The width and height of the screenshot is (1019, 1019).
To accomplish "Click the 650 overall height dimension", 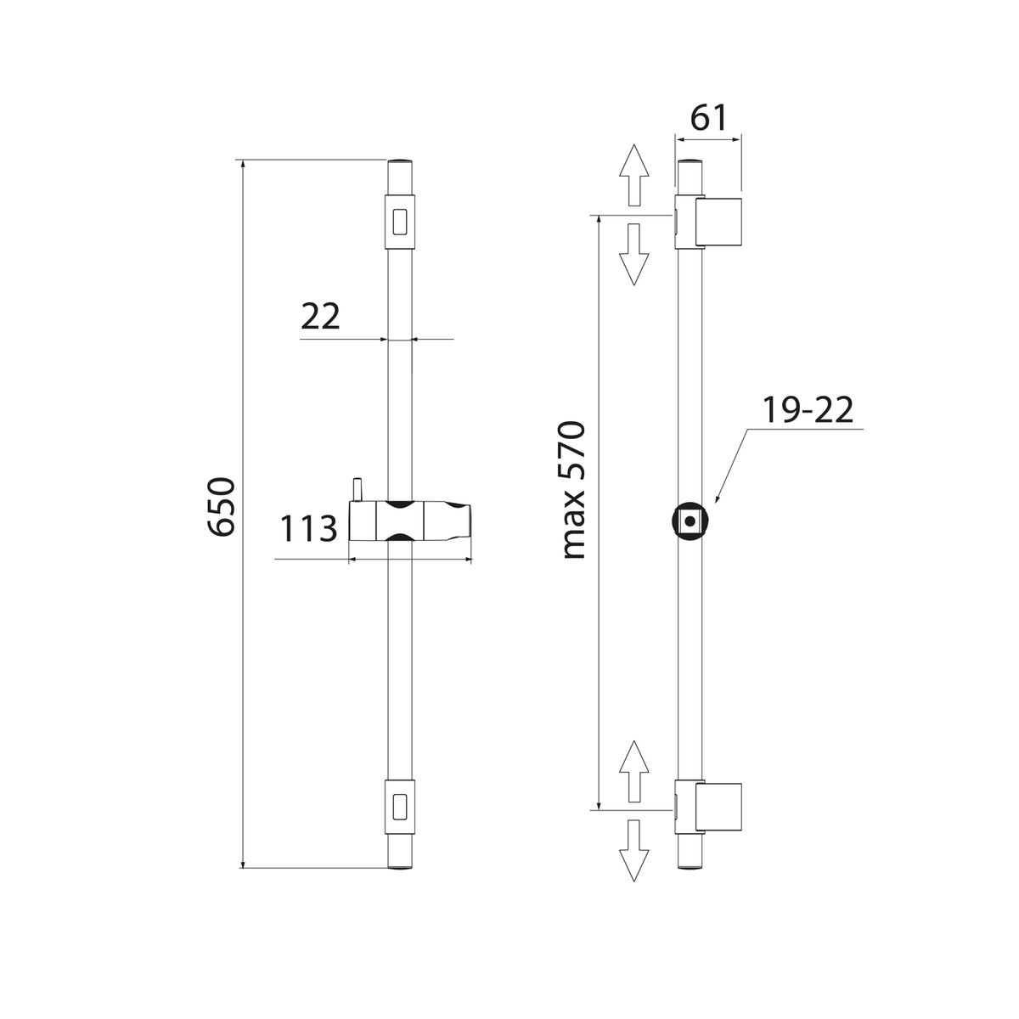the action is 222,508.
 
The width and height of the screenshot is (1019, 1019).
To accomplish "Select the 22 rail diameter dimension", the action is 320,317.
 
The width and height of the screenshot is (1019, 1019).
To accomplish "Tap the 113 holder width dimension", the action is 307,530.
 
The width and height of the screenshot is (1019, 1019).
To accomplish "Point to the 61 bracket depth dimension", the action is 708,118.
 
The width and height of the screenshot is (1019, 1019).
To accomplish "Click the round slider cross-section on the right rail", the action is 690,521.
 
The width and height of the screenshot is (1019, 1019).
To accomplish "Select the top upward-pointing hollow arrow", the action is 633,174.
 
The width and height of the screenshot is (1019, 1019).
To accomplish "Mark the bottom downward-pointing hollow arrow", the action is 633,848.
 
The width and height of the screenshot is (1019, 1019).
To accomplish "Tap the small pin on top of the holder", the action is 358,490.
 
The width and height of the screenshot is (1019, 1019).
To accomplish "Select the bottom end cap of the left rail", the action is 400,864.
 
